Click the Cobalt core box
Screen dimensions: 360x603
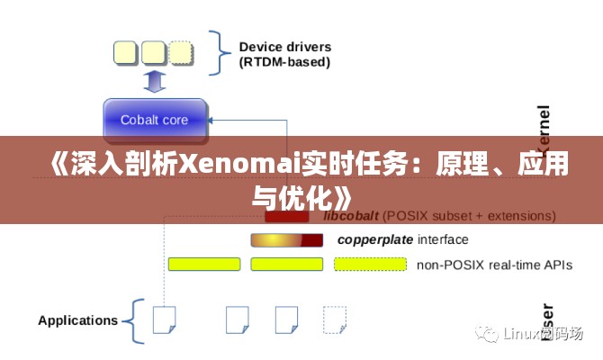(154, 120)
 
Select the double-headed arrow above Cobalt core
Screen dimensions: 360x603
(154, 82)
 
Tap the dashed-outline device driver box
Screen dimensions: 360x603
(181, 52)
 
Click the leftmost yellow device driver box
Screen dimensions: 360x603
(125, 52)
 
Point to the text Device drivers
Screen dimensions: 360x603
(284, 47)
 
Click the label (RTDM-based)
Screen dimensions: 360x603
(283, 62)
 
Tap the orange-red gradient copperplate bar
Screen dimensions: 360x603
(286, 239)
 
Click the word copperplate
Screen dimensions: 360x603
(374, 239)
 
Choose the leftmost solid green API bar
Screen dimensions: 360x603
(204, 264)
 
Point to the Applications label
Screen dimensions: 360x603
(77, 319)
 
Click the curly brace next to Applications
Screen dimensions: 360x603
(131, 320)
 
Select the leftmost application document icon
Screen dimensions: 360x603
(164, 319)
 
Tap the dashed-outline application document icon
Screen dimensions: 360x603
(334, 319)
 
